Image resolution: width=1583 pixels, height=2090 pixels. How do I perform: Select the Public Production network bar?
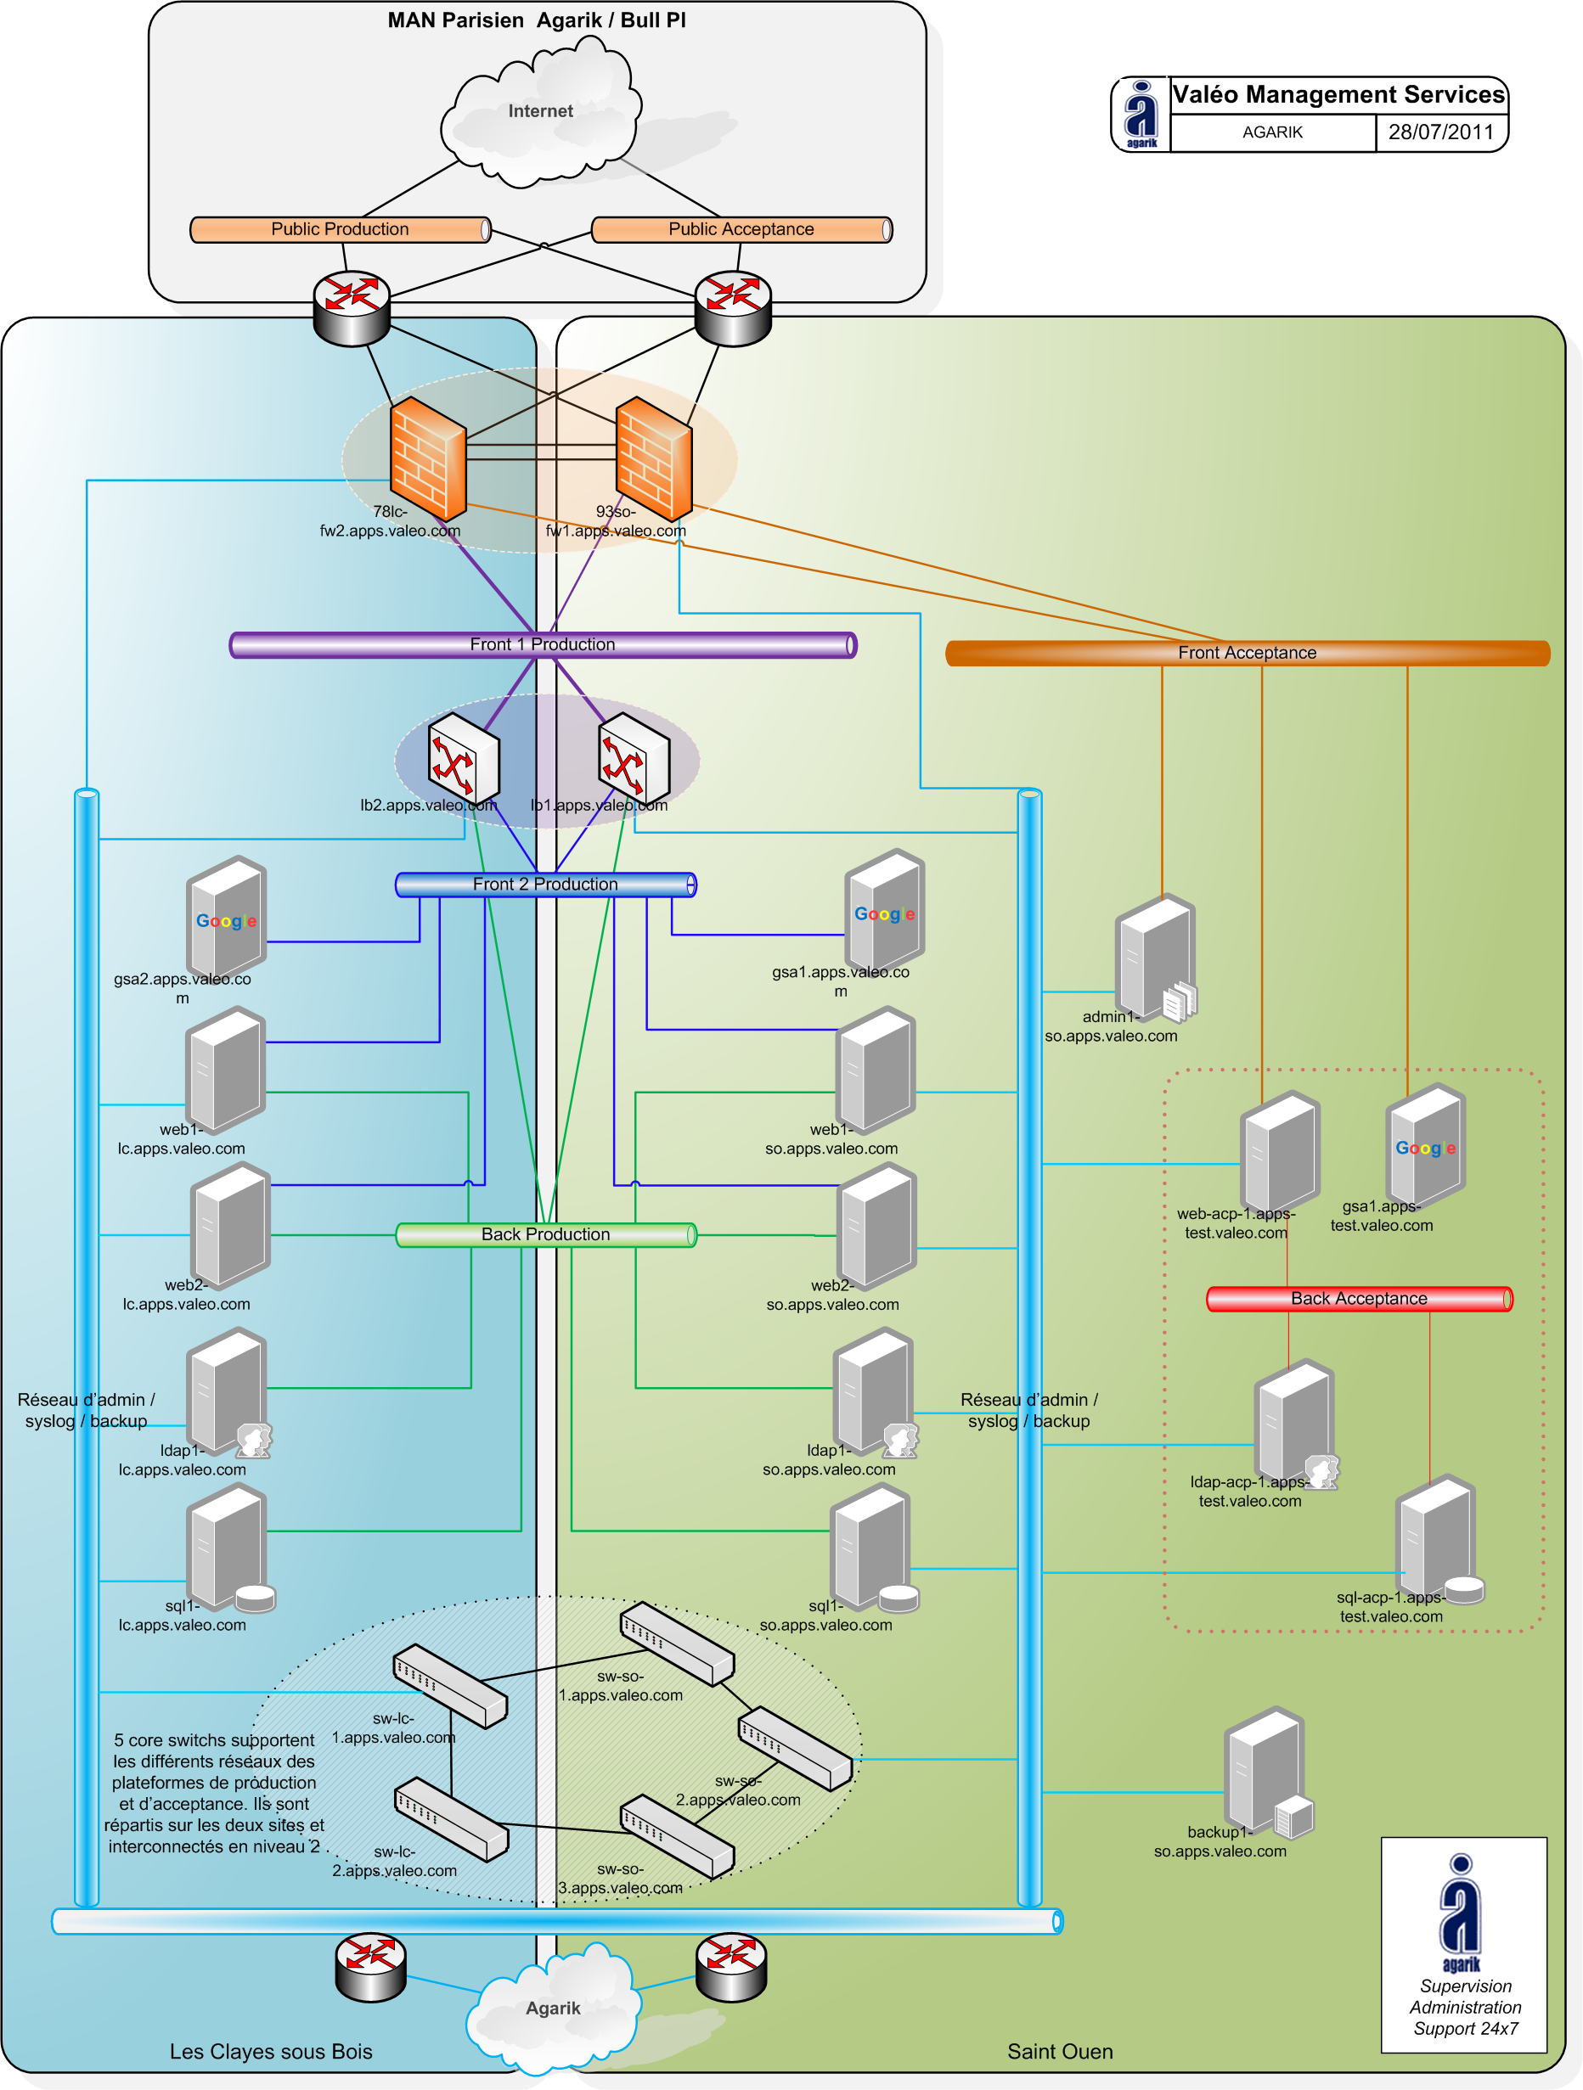pos(341,229)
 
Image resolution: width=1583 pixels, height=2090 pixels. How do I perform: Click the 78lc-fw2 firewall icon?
pos(428,458)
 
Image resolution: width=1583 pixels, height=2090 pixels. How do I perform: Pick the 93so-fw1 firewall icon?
pos(653,458)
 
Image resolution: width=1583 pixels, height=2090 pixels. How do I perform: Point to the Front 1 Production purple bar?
pos(543,645)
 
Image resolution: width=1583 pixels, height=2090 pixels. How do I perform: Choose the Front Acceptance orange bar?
pos(1247,653)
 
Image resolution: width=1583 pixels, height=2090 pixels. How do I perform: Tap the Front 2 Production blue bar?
pos(545,885)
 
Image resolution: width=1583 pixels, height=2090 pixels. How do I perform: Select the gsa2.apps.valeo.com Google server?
pos(226,917)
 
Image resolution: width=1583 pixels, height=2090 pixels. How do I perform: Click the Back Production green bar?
pos(545,1235)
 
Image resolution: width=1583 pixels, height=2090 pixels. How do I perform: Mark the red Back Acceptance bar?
pos(1359,1299)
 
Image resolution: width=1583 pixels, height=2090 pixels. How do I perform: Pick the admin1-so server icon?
pos(1156,956)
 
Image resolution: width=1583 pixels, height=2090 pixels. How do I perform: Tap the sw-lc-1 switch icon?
pos(450,1686)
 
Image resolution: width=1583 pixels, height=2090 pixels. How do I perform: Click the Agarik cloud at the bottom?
pos(553,2008)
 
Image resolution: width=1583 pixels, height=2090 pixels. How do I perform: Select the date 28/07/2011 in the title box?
pos(1440,132)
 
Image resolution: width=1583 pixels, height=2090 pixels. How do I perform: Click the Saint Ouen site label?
pos(1059,2051)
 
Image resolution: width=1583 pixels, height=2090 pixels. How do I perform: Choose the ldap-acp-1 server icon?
pos(1293,1423)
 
